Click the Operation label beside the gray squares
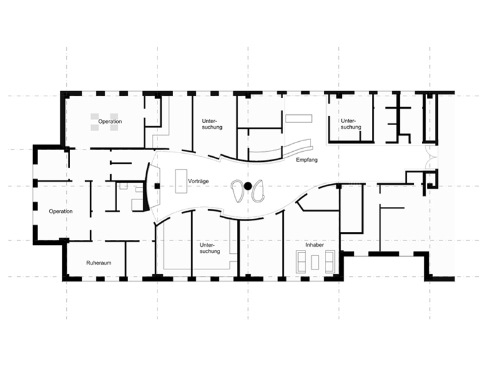pyautogui.click(x=110, y=121)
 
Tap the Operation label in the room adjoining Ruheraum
pyautogui.click(x=61, y=211)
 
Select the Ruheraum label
pyautogui.click(x=99, y=262)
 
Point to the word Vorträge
pyautogui.click(x=198, y=181)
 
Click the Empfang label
pyautogui.click(x=307, y=160)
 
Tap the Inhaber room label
pyautogui.click(x=314, y=245)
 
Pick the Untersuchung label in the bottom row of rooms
pyautogui.click(x=210, y=248)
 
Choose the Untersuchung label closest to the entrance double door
pyautogui.click(x=351, y=124)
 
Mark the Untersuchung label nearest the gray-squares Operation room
pyautogui.click(x=212, y=124)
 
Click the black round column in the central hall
pyautogui.click(x=247, y=186)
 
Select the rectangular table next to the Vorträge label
pyautogui.click(x=181, y=181)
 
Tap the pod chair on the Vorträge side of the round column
pyautogui.click(x=237, y=191)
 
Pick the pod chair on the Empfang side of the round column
pyautogui.click(x=258, y=191)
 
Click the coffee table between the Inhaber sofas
pyautogui.click(x=315, y=262)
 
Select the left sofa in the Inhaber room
pyautogui.click(x=301, y=262)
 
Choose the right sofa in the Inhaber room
pyautogui.click(x=330, y=262)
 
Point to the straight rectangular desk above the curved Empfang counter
pyautogui.click(x=299, y=119)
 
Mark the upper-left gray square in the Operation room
pyautogui.click(x=94, y=116)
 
